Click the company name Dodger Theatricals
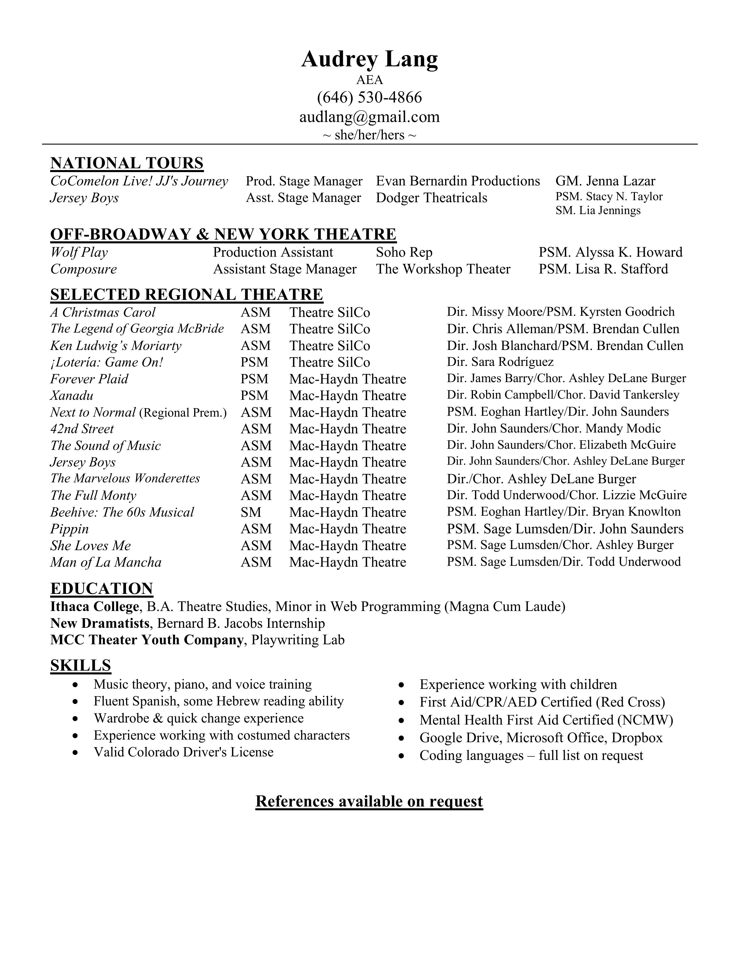tap(431, 198)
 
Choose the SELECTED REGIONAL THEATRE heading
tap(187, 295)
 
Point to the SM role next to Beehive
tap(251, 512)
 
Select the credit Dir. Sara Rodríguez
tap(500, 362)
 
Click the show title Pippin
tap(69, 529)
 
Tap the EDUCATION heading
tap(101, 589)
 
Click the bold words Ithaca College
tap(94, 607)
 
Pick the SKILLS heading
tap(81, 665)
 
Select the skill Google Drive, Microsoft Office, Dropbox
tap(541, 738)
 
